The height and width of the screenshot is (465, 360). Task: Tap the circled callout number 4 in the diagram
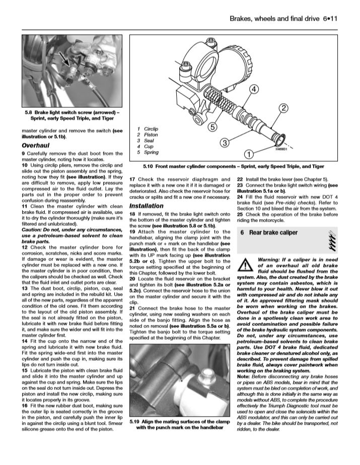tap(254, 90)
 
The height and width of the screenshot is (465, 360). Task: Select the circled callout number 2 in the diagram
tap(283, 108)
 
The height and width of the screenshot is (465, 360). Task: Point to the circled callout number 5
tap(213, 127)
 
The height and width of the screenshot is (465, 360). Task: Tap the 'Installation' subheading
tap(146, 206)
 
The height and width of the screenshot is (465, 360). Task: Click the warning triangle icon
tap(245, 264)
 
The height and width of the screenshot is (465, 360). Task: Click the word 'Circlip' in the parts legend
tap(151, 129)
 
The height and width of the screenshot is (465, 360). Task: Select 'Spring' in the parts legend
tap(151, 152)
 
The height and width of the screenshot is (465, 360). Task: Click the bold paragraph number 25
tap(240, 214)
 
